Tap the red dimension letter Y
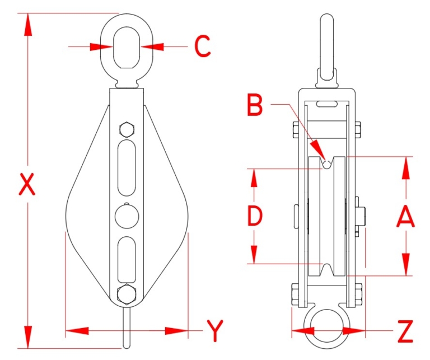[x=214, y=331]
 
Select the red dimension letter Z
[x=404, y=331]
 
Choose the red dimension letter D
[x=255, y=216]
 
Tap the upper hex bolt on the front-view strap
[x=127, y=131]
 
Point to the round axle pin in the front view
[x=127, y=215]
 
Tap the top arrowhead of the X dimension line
[x=27, y=22]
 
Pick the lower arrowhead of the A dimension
[x=405, y=265]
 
